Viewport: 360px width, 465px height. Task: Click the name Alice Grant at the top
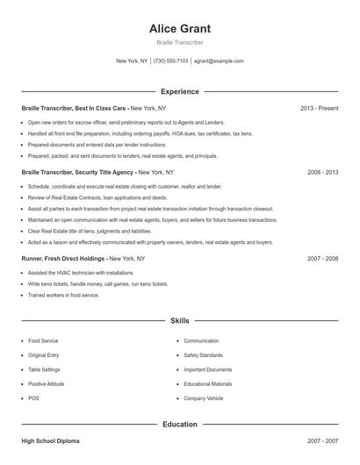(180, 28)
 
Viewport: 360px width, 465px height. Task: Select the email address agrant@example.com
(219, 61)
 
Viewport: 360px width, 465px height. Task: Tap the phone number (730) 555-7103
(170, 61)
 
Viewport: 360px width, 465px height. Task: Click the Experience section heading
(180, 91)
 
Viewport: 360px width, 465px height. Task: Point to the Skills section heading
(180, 321)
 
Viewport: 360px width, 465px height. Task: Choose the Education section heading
(180, 424)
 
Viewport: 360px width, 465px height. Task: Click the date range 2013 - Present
(319, 108)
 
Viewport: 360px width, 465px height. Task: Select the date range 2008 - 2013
(322, 173)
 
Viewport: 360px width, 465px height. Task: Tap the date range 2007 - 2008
(322, 259)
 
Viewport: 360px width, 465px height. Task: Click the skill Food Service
(44, 340)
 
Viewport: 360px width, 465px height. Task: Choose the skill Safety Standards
(203, 355)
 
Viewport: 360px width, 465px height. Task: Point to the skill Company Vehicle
(204, 398)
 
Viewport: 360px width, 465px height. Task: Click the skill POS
(33, 398)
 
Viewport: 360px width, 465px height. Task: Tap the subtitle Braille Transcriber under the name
(180, 42)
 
